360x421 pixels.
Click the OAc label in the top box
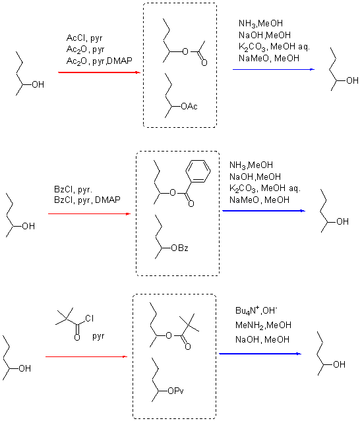(189, 107)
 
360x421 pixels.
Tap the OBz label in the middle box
(180, 248)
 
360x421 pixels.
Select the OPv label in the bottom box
(175, 391)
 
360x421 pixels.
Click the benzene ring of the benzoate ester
(198, 171)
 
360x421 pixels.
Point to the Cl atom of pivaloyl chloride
(90, 318)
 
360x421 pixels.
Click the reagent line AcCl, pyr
(84, 38)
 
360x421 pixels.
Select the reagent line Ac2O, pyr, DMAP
(100, 61)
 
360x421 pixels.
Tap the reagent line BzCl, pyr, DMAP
(87, 200)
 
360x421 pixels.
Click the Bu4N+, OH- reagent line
(256, 310)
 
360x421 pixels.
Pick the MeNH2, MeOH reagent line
(263, 325)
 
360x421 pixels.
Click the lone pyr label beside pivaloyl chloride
(98, 336)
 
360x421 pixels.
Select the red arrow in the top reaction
(99, 72)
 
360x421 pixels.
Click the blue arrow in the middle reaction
(264, 211)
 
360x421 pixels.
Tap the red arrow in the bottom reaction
(86, 356)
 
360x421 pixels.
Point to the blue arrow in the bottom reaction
(260, 354)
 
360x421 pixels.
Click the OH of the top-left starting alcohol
(38, 84)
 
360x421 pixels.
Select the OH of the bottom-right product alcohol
(339, 364)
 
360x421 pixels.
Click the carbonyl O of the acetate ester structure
(204, 63)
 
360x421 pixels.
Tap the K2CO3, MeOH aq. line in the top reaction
(274, 47)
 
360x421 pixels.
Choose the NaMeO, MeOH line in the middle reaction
(259, 200)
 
